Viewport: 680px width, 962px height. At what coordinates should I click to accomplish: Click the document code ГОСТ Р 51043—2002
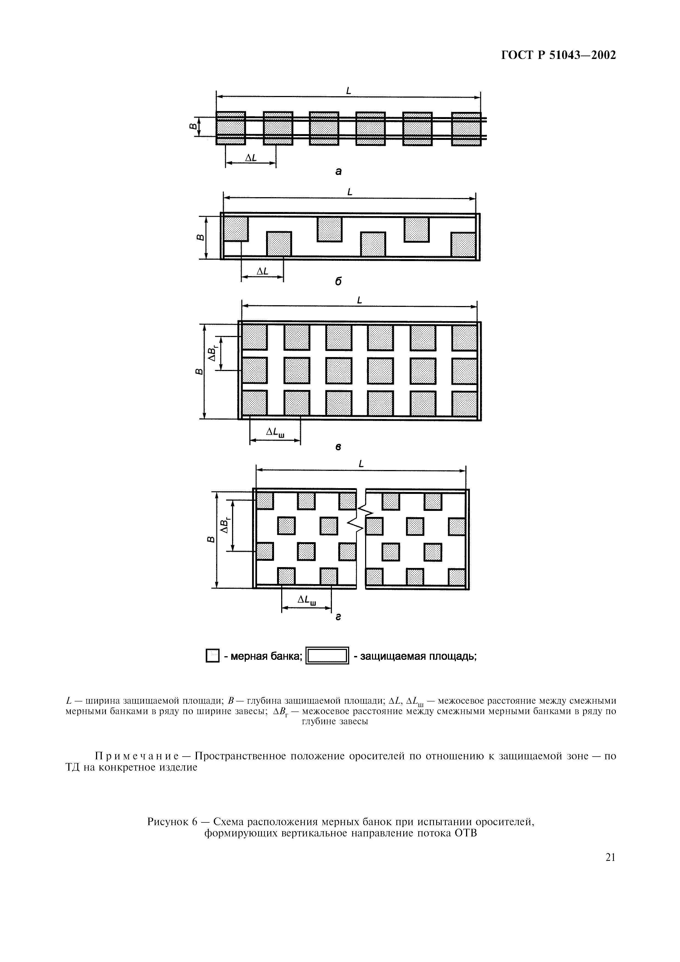pyautogui.click(x=558, y=55)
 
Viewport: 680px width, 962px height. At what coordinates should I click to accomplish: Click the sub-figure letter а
pyautogui.click(x=338, y=171)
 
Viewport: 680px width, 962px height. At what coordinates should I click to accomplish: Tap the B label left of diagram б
pyautogui.click(x=200, y=237)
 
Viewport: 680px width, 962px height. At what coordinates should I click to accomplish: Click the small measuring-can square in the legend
pyautogui.click(x=213, y=656)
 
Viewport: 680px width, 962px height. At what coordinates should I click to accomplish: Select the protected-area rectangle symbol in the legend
pyautogui.click(x=327, y=656)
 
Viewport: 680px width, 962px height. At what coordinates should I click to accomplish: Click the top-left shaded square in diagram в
pyautogui.click(x=255, y=337)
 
